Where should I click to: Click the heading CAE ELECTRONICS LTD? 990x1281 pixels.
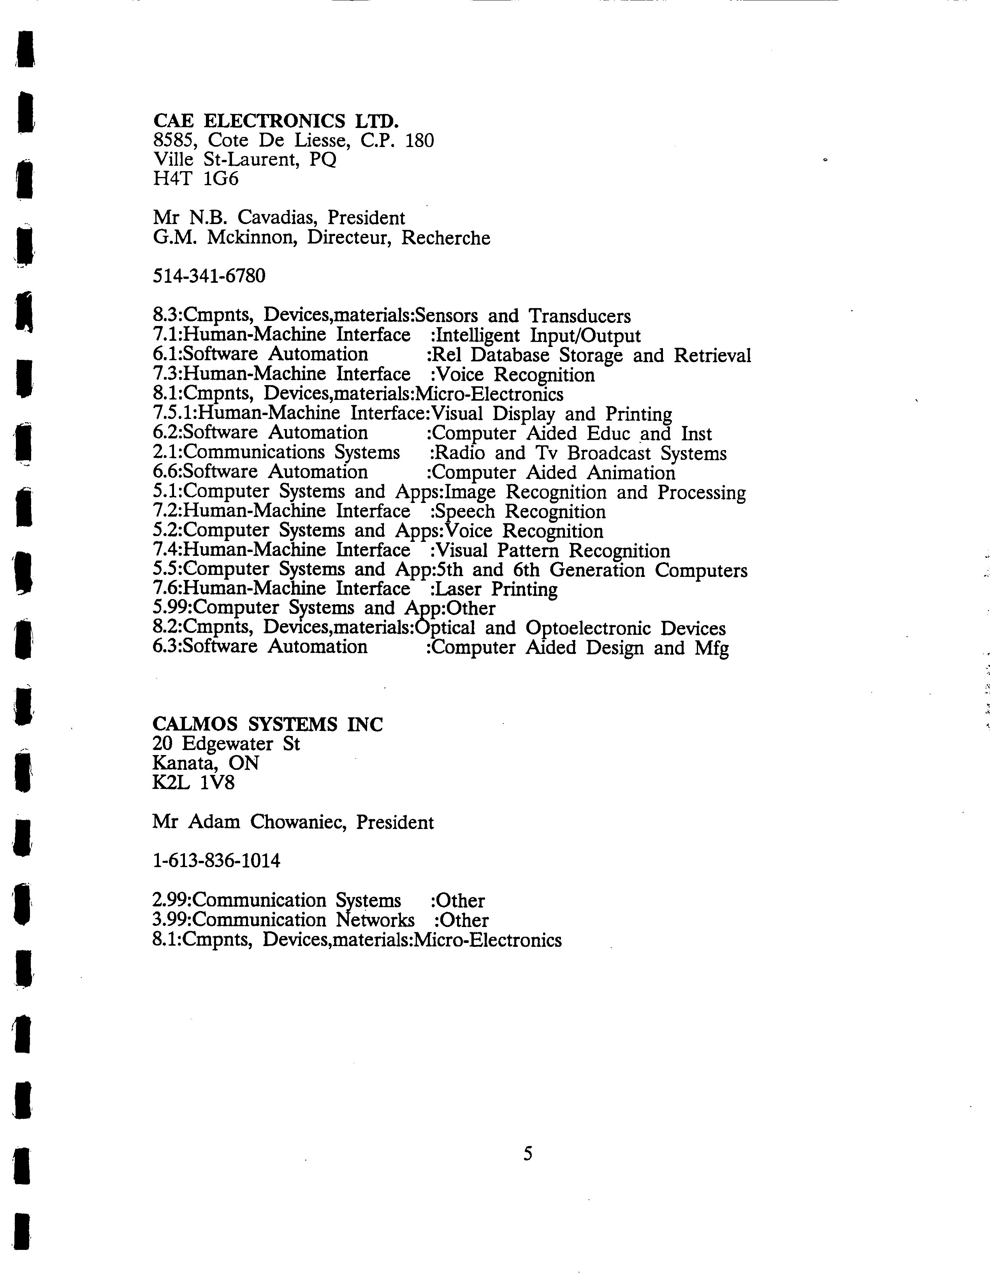click(276, 121)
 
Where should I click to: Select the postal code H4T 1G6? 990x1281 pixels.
click(195, 178)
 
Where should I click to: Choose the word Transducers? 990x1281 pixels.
click(579, 316)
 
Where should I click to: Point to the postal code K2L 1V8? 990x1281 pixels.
click(193, 782)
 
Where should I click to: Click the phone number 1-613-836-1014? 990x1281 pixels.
click(216, 860)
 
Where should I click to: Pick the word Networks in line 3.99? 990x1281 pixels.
click(376, 920)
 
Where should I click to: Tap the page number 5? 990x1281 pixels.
click(528, 1154)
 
